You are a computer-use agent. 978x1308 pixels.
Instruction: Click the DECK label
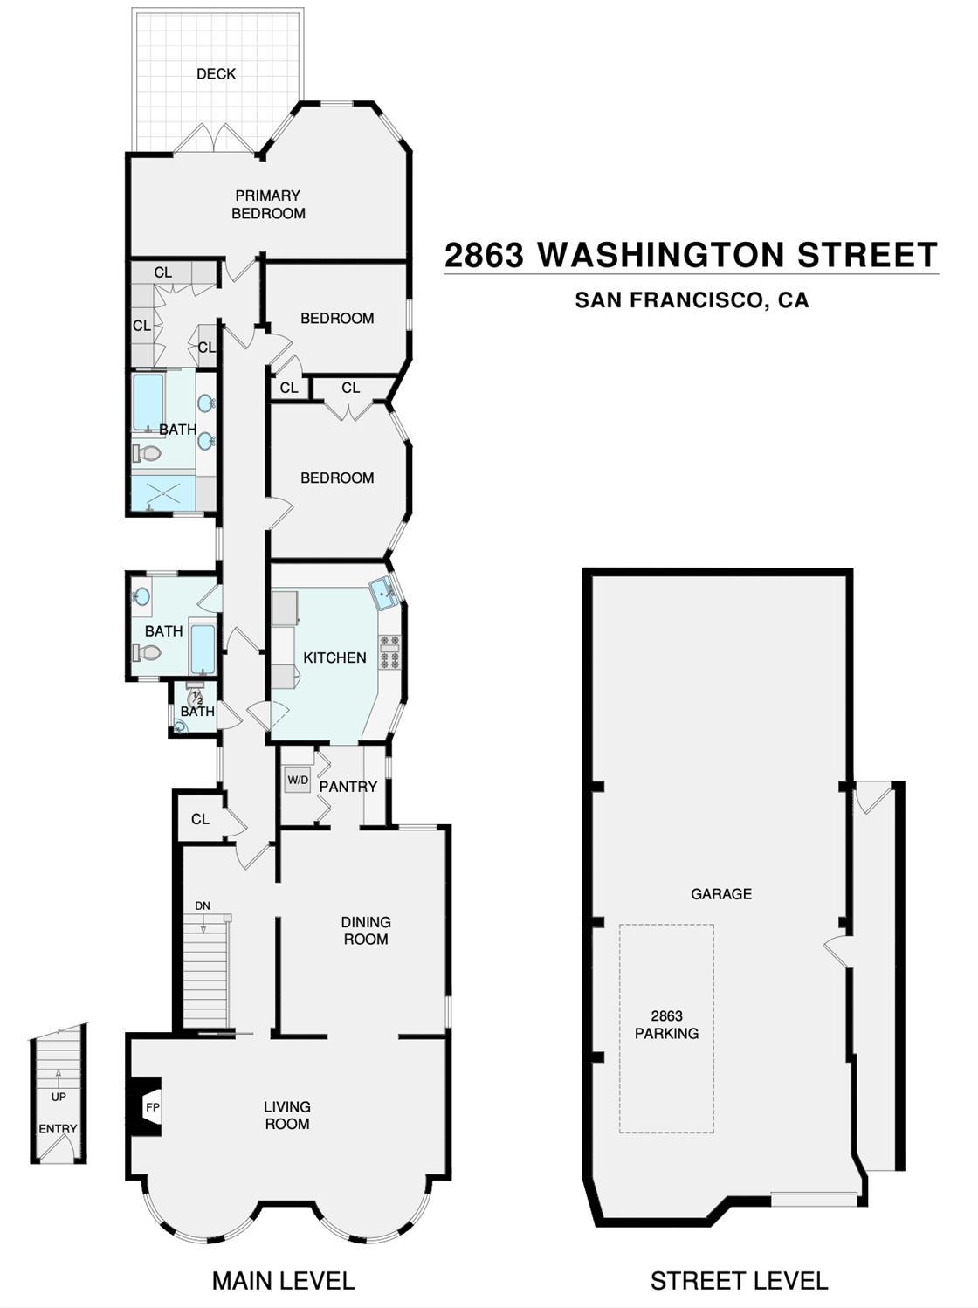click(x=216, y=74)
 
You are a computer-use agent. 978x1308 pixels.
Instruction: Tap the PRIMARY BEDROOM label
click(x=268, y=204)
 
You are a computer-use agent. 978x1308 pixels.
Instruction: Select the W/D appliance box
click(x=298, y=780)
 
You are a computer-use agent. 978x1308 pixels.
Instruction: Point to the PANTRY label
click(x=348, y=787)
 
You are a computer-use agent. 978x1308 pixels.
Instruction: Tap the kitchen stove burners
click(x=389, y=651)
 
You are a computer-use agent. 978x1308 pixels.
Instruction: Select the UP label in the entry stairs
click(x=59, y=1097)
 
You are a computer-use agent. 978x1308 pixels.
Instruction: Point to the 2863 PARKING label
click(x=666, y=1025)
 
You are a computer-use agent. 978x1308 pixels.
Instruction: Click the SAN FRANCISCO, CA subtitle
click(x=692, y=299)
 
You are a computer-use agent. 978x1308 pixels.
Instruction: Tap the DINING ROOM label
click(x=366, y=930)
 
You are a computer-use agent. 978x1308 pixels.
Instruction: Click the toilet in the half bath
click(x=194, y=697)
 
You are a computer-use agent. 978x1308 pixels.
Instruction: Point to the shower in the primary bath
click(x=163, y=492)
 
